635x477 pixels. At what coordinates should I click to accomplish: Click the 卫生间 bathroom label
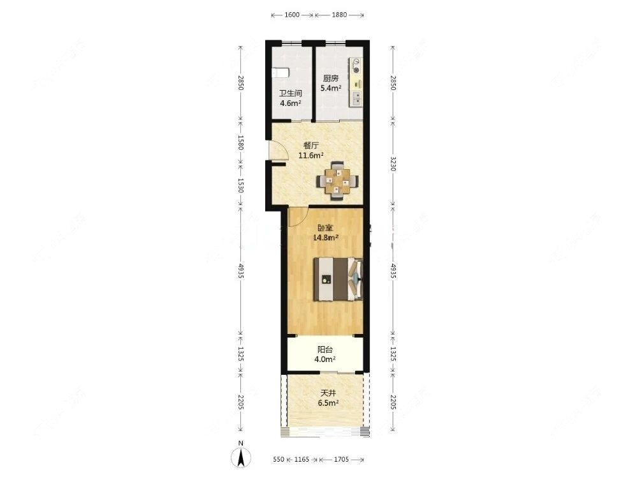(x=290, y=93)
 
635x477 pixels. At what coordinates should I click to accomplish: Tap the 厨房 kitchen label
(x=330, y=79)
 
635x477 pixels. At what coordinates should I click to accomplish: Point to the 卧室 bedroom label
(x=325, y=227)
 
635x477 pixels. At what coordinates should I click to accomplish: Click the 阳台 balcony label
(x=325, y=349)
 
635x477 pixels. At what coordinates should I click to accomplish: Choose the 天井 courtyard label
(x=328, y=393)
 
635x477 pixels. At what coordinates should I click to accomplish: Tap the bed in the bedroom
(x=338, y=278)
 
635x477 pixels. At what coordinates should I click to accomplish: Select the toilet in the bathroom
(x=281, y=73)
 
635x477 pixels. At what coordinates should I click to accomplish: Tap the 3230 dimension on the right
(x=393, y=165)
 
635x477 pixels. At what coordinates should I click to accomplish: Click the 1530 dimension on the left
(x=241, y=185)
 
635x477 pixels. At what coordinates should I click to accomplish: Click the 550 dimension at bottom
(x=277, y=459)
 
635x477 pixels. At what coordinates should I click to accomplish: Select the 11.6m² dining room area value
(x=311, y=155)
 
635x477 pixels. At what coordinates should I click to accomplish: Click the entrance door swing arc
(x=279, y=151)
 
